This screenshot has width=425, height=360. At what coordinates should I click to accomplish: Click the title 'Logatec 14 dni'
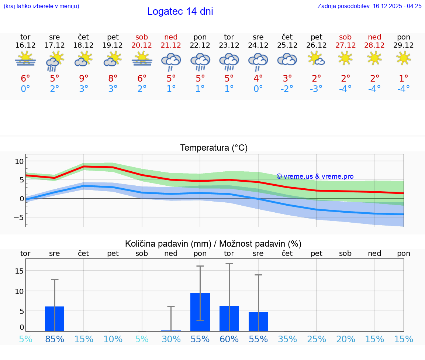[x=180, y=11]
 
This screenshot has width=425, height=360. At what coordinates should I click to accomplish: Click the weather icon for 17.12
[x=55, y=61]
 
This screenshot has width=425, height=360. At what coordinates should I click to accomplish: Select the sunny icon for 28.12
[x=374, y=58]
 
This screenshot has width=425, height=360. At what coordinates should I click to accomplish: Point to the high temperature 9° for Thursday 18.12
[x=84, y=79]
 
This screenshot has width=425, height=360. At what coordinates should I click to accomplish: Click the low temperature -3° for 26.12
[x=316, y=89]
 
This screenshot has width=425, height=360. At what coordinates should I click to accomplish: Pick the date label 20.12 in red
[x=142, y=45]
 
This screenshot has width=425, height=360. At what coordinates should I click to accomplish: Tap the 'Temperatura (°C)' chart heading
[x=214, y=148]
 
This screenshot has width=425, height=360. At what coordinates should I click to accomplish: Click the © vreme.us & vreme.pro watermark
[x=315, y=176]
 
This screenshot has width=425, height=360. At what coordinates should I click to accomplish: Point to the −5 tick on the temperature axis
[x=19, y=217]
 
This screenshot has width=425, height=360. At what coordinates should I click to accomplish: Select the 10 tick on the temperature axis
[x=19, y=161]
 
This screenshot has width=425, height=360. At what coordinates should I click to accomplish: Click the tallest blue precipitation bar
[x=200, y=312]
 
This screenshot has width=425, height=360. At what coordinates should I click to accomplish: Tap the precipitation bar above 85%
[x=55, y=319]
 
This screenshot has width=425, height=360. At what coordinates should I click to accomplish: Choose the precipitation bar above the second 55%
[x=258, y=322]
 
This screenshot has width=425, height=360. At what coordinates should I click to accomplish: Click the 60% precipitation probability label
[x=229, y=339]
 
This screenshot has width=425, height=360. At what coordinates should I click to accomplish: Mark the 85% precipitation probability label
[x=55, y=339]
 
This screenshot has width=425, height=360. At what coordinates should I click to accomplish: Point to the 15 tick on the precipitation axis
[x=19, y=271]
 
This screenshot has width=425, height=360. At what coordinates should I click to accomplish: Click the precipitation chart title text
[x=213, y=244]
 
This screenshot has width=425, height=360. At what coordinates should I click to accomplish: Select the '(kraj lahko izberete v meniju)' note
[x=41, y=6]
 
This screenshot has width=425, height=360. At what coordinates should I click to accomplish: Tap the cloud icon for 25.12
[x=287, y=59]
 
